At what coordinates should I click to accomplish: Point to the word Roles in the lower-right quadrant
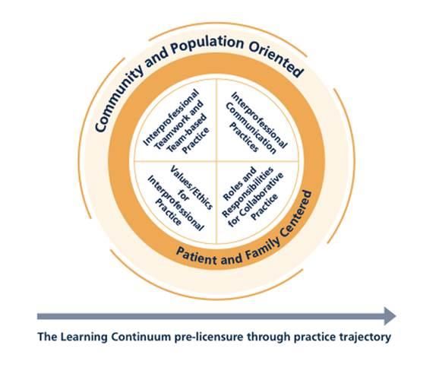click(x=232, y=177)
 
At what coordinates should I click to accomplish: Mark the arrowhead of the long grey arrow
click(x=389, y=315)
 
